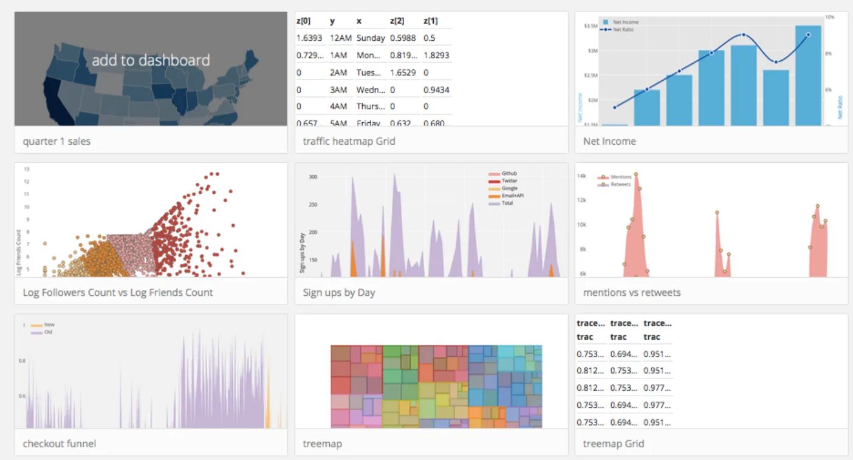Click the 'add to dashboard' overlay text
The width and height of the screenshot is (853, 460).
click(151, 60)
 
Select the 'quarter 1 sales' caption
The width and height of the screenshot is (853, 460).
click(57, 142)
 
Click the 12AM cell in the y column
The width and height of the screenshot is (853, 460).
click(338, 38)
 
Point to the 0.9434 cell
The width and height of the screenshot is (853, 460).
click(436, 90)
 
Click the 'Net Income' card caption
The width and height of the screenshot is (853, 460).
click(609, 142)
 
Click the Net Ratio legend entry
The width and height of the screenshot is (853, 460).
click(623, 29)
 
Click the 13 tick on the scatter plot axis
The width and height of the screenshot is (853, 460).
click(26, 169)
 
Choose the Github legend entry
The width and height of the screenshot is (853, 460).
click(509, 174)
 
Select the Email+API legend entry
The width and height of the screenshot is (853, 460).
click(512, 196)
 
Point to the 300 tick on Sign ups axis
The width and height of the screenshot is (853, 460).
click(313, 177)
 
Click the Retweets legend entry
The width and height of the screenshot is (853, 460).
click(620, 184)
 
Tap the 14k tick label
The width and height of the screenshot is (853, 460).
click(581, 176)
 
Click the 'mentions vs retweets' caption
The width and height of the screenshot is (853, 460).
click(632, 293)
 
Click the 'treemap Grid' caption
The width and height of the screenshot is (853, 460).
click(614, 444)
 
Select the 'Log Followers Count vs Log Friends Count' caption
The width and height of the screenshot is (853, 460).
click(118, 293)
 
